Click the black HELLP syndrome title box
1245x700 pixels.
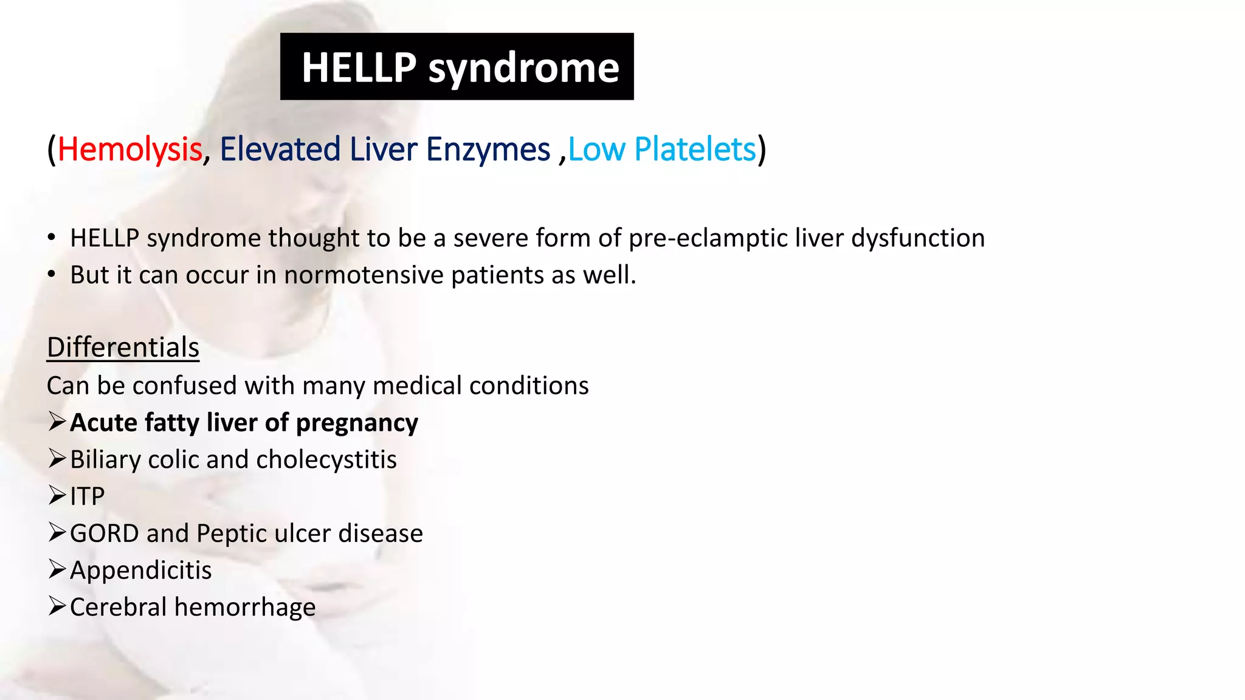coord(457,67)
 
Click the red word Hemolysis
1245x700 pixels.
coord(129,149)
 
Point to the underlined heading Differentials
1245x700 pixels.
coord(123,348)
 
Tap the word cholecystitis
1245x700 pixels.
coord(326,460)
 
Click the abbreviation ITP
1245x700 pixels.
coord(87,497)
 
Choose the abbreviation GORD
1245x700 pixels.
coord(104,534)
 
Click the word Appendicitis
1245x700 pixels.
coord(140,571)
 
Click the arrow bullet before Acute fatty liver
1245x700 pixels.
coord(57,422)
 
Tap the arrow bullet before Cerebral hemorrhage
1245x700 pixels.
coord(57,606)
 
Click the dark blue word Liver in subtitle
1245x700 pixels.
coord(383,149)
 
